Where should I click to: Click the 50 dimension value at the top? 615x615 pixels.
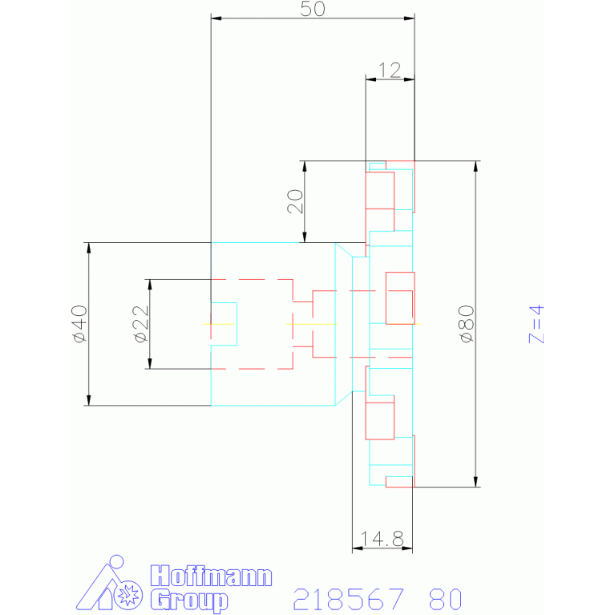(313, 9)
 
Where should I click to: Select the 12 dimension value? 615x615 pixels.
(390, 71)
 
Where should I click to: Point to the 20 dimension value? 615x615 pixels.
(295, 201)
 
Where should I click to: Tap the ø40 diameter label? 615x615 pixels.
(79, 324)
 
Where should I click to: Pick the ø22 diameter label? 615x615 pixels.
(141, 324)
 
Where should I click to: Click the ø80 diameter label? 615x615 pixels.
(467, 324)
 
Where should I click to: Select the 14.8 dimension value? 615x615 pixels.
(382, 539)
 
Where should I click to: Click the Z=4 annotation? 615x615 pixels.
(536, 324)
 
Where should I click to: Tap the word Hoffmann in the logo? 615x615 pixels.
(211, 576)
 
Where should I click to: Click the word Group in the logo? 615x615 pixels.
(189, 600)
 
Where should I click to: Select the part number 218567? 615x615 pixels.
(348, 599)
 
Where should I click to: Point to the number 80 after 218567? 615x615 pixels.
(445, 599)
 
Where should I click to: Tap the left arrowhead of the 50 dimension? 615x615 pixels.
(216, 18)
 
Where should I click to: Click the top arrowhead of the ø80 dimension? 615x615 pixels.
(475, 166)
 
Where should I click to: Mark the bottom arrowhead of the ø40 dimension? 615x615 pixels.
(89, 400)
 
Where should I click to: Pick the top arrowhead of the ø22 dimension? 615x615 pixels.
(150, 285)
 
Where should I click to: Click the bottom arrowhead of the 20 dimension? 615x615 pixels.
(305, 237)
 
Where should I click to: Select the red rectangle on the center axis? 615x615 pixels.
(400, 298)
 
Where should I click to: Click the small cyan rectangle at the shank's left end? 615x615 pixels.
(224, 324)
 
